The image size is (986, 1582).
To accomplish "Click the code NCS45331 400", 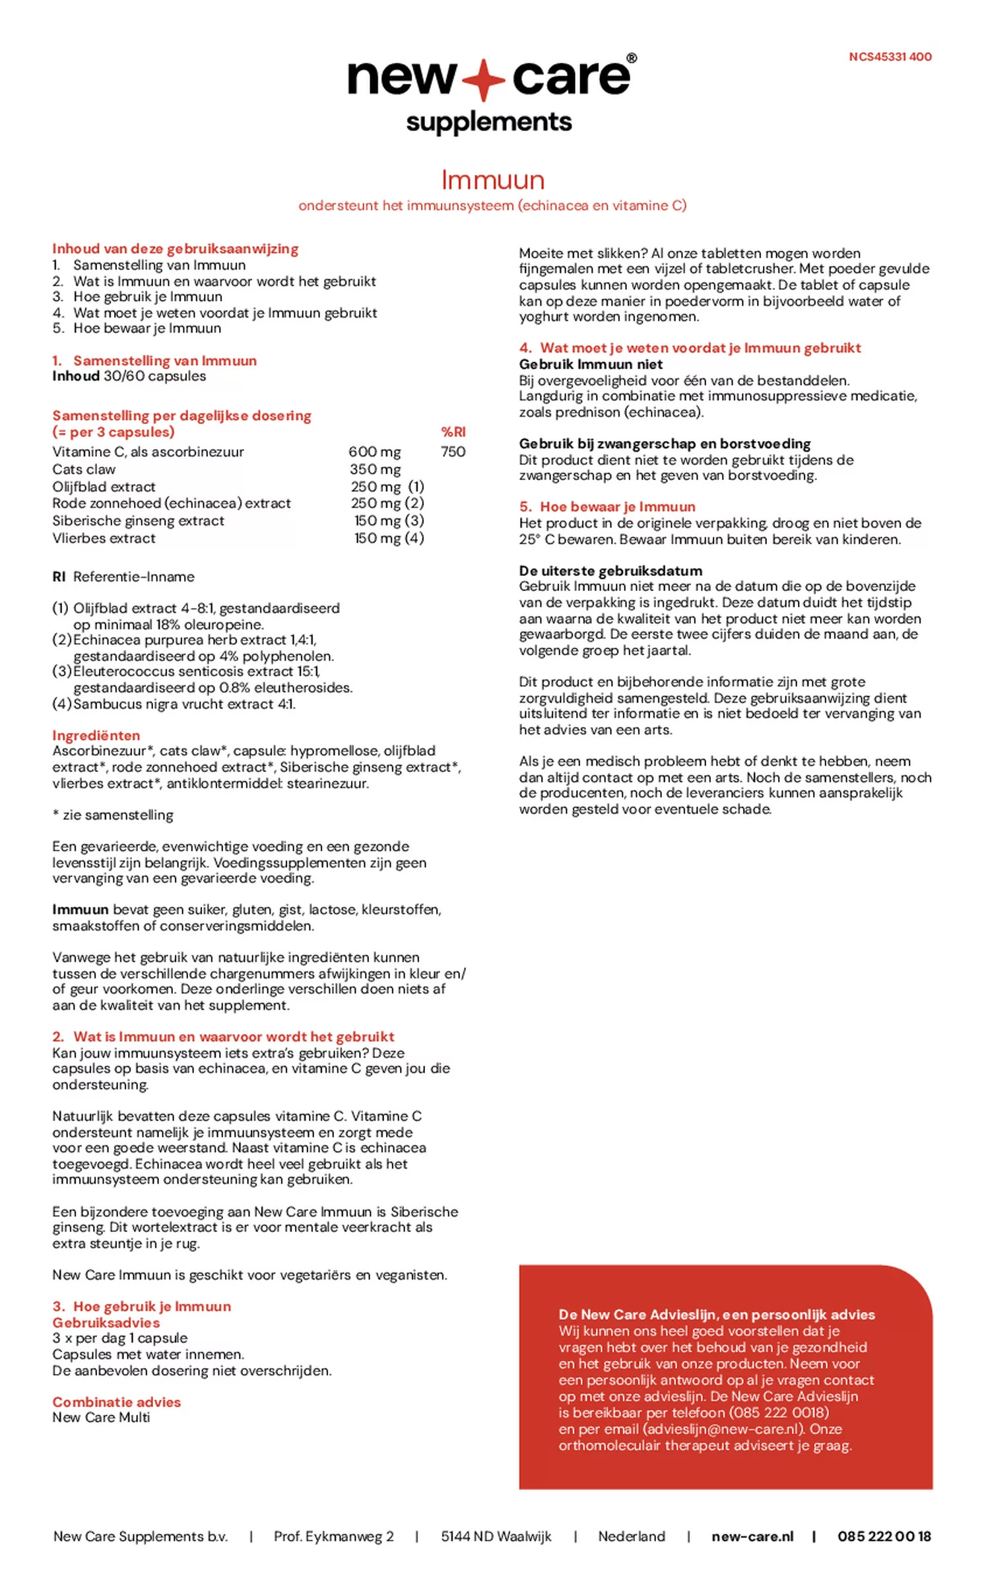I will (x=890, y=57).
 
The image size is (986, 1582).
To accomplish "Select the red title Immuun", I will (x=492, y=180).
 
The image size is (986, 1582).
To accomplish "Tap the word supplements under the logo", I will (x=488, y=122).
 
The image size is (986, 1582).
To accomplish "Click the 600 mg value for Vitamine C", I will (x=374, y=452).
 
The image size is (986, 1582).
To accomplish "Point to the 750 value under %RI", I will (x=453, y=452).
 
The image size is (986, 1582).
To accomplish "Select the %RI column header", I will (x=453, y=432).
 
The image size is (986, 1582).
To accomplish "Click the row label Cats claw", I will (x=84, y=469).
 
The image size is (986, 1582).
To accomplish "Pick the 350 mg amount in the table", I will (x=375, y=469).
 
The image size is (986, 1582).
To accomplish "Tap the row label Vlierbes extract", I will (x=104, y=538).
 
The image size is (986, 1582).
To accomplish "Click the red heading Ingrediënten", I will (x=96, y=735).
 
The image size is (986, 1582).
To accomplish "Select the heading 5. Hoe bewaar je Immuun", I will (x=607, y=506).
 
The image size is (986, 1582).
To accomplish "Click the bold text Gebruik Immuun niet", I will (x=591, y=364).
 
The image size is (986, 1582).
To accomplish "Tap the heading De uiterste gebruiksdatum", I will (x=610, y=570).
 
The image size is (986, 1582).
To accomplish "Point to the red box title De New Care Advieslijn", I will (x=716, y=1314).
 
